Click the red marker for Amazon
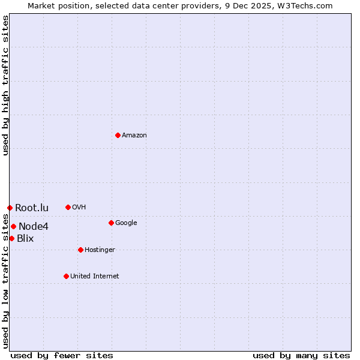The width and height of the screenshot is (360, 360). [118, 135]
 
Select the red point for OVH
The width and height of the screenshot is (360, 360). [68, 207]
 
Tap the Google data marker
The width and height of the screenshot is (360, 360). [111, 223]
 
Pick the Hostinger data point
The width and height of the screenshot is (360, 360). [80, 250]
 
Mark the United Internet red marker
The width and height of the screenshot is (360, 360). [66, 276]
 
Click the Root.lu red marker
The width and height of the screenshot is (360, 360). [10, 208]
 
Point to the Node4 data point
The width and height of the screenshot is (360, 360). [13, 226]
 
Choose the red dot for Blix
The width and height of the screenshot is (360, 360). [11, 238]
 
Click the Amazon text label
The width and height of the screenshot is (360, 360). [134, 136]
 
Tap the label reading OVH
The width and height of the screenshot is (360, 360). [79, 208]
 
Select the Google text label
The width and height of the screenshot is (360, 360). [126, 223]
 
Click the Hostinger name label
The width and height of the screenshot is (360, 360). [100, 250]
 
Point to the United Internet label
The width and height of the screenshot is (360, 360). [95, 277]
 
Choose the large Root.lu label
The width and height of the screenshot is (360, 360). [32, 208]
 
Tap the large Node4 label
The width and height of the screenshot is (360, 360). [34, 227]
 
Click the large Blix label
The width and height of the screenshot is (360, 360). [25, 239]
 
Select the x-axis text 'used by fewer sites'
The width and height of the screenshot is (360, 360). [62, 355]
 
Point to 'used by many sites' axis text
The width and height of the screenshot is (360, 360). [301, 355]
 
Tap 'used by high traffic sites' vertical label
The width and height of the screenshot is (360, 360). [5, 85]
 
